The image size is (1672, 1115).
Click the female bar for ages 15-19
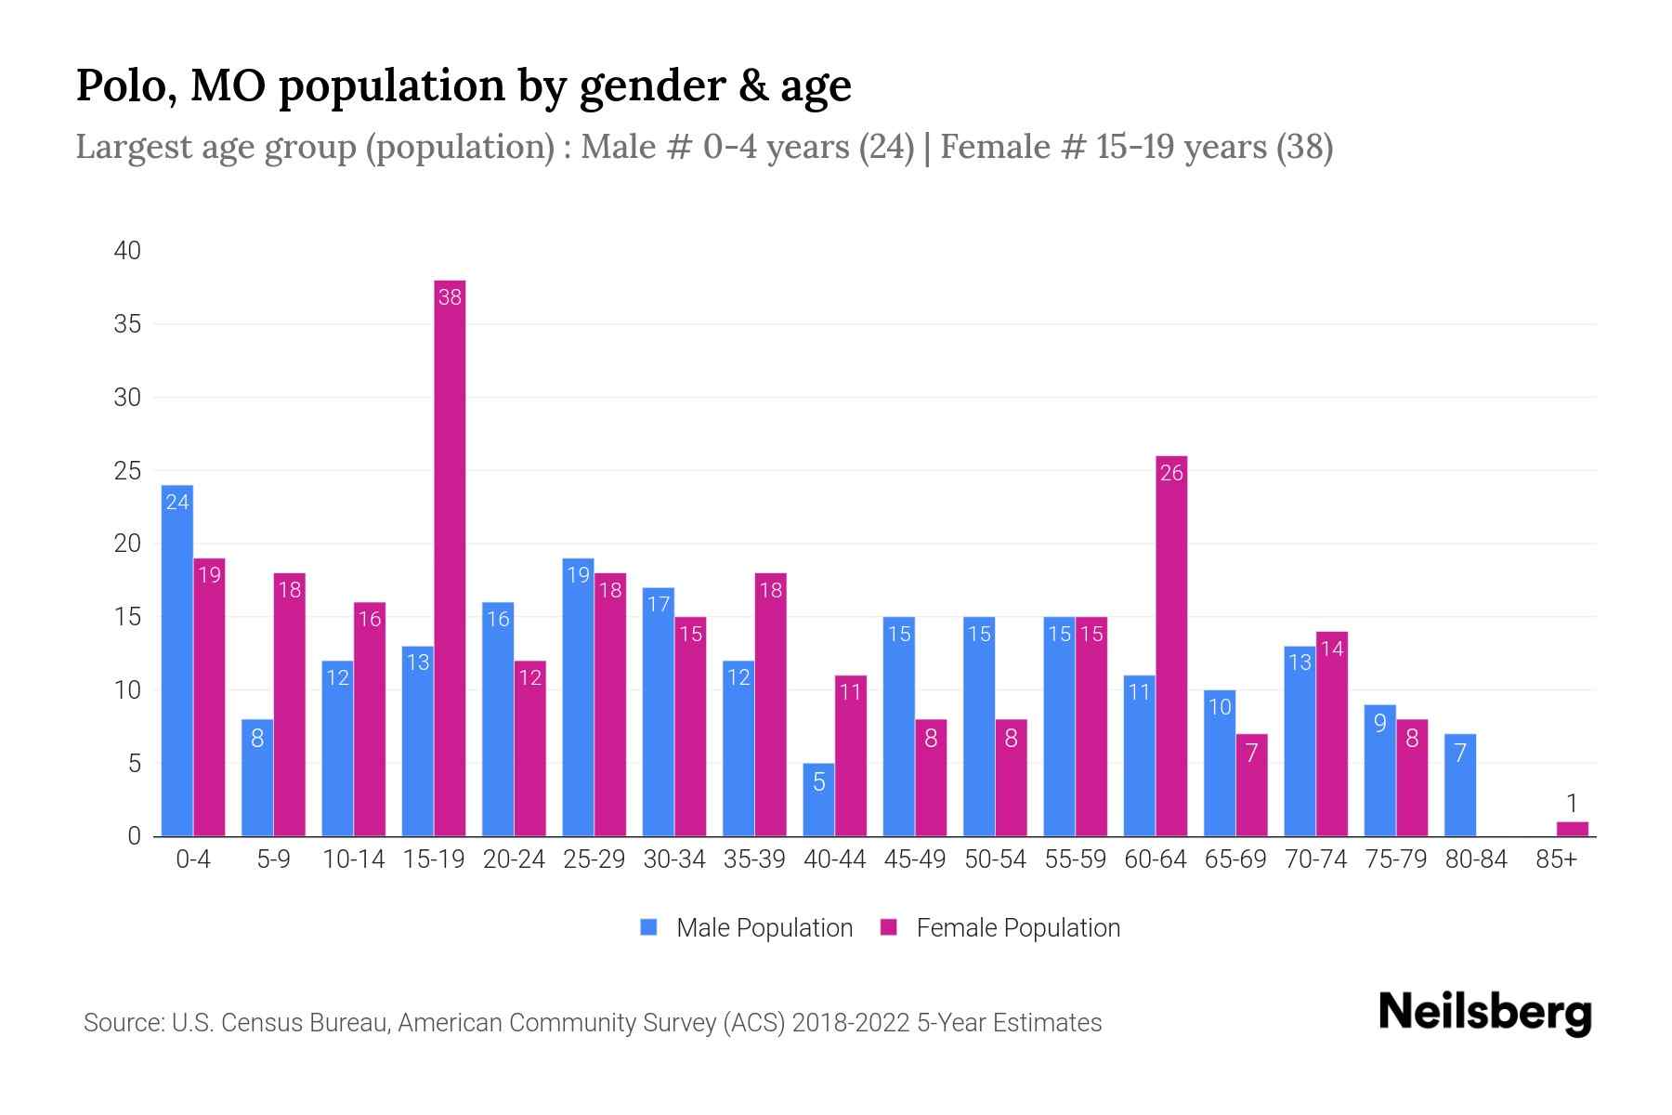[x=450, y=557]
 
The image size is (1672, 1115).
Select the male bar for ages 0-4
[x=177, y=660]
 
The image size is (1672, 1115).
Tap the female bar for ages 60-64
[x=1171, y=646]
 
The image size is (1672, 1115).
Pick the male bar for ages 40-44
[x=818, y=799]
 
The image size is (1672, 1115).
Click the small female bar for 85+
[x=1572, y=829]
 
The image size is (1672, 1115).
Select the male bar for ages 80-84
[x=1459, y=785]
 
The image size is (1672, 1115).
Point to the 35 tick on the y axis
[x=127, y=324]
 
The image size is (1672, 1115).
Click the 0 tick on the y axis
[x=135, y=836]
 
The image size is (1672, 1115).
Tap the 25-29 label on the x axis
[x=594, y=859]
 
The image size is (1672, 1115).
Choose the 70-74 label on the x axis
[x=1315, y=859]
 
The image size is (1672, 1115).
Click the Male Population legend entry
[x=746, y=927]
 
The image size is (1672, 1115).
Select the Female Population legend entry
[x=1000, y=927]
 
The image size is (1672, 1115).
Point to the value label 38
[x=450, y=297]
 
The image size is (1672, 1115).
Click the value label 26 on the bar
[x=1171, y=473]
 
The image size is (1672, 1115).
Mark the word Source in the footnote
[x=123, y=1023]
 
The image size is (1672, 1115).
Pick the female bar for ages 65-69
[x=1251, y=785]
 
